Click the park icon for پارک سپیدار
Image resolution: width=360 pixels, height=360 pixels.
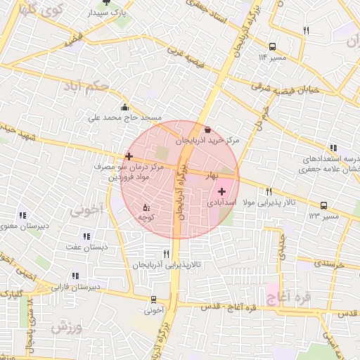pyautogui.click(x=107, y=2)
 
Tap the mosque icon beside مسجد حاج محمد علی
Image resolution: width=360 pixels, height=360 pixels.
pyautogui.click(x=125, y=107)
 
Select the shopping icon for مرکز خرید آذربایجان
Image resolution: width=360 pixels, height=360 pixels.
pyautogui.click(x=207, y=130)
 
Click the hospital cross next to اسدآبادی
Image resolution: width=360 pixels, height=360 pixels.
pyautogui.click(x=222, y=191)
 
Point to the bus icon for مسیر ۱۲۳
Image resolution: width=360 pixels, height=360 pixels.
pyautogui.click(x=323, y=205)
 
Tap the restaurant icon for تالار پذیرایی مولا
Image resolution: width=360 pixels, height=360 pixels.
pyautogui.click(x=269, y=192)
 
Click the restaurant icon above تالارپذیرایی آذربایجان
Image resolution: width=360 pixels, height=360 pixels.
pyautogui.click(x=167, y=253)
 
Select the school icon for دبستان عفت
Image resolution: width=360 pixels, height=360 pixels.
pyautogui.click(x=86, y=236)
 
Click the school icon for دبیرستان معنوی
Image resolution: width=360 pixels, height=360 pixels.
pyautogui.click(x=22, y=215)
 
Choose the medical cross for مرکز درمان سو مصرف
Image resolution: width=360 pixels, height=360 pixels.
pyautogui.click(x=128, y=156)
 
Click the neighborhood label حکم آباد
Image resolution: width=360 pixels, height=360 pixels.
pyautogui.click(x=86, y=87)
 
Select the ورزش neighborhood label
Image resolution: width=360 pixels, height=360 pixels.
pyautogui.click(x=67, y=328)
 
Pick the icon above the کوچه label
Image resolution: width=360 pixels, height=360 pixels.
pyautogui.click(x=146, y=207)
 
